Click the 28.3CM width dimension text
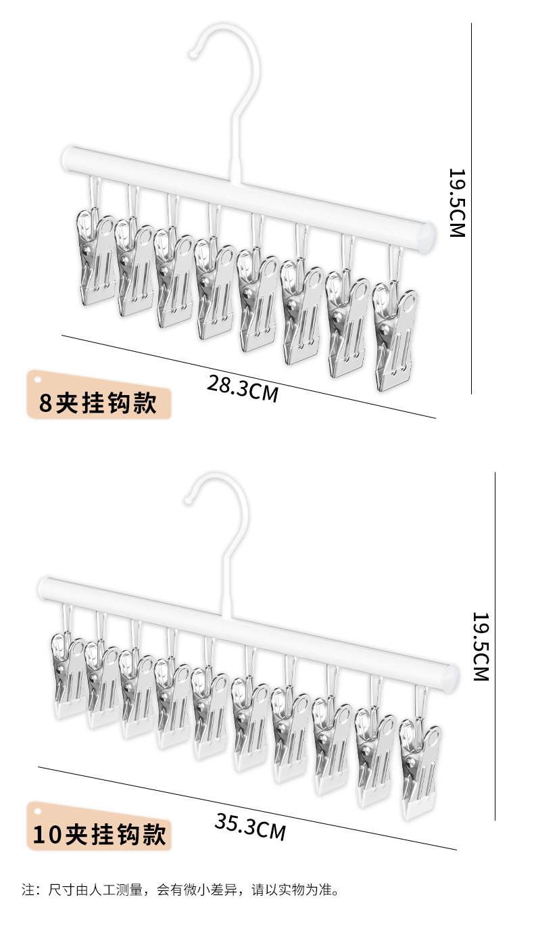click(x=242, y=388)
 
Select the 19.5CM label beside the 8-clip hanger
click(x=457, y=202)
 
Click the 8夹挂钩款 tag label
click(x=99, y=404)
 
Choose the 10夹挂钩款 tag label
click(x=99, y=835)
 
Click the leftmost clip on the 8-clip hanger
click(x=95, y=257)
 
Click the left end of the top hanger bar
click(x=67, y=158)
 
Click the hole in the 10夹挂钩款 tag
click(x=38, y=811)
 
